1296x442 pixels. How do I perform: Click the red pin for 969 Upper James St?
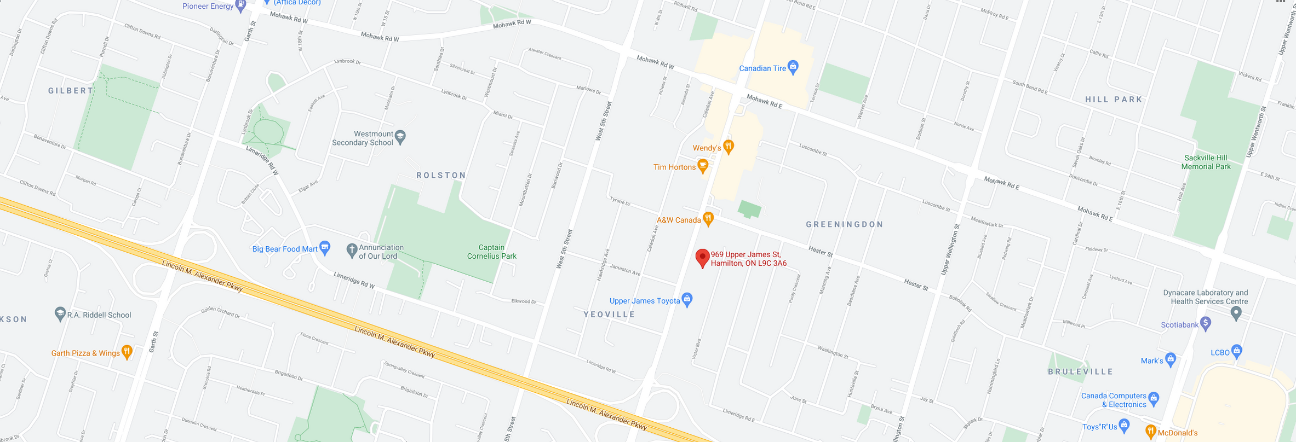coord(702,257)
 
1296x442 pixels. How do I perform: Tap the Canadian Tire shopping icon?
coord(793,67)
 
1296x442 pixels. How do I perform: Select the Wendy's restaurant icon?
coord(729,146)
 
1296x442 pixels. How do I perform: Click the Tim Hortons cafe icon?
coord(703,166)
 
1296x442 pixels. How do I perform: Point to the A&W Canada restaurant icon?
coord(708,219)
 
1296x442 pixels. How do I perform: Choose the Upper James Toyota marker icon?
coord(687,299)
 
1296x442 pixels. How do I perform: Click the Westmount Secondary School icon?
coord(400,137)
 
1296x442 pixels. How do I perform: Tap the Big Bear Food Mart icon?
coord(325,248)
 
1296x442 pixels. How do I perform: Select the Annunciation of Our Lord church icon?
coord(352,251)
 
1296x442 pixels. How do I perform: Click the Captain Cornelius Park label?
coord(491,252)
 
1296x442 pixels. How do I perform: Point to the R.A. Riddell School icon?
coord(60,314)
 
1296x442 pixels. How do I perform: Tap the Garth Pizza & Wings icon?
coord(127,352)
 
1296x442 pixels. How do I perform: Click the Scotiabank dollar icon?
coord(1206,323)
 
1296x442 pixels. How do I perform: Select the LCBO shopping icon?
coord(1236,351)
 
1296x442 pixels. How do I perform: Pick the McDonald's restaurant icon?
coord(1151,432)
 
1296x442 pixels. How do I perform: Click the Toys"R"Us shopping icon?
coord(1125,425)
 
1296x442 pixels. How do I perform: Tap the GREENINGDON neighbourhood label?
coord(845,224)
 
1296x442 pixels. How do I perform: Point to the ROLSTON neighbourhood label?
coord(441,175)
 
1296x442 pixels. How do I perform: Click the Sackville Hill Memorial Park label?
coord(1206,162)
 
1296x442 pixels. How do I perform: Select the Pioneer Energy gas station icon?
coord(240,5)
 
